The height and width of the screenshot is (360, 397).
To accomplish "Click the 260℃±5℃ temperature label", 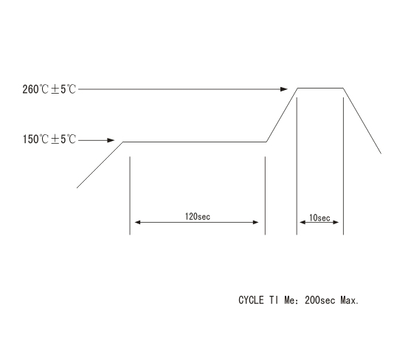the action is point(49,89).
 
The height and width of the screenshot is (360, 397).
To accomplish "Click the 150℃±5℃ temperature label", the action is point(49,139).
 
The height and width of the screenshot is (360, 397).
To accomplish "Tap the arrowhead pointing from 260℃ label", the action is point(284,89).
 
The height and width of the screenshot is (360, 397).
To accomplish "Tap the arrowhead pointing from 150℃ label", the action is point(111,140).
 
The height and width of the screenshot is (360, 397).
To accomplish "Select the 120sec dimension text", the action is point(198,216).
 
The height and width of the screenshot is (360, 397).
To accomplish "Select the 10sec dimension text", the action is point(320,218).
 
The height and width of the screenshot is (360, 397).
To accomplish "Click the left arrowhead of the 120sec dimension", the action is point(137,222).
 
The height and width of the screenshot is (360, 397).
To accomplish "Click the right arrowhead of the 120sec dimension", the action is point(256,222).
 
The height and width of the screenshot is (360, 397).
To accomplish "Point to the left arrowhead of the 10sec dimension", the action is point(303,222).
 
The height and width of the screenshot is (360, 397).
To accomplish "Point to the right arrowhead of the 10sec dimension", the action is point(336,222).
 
